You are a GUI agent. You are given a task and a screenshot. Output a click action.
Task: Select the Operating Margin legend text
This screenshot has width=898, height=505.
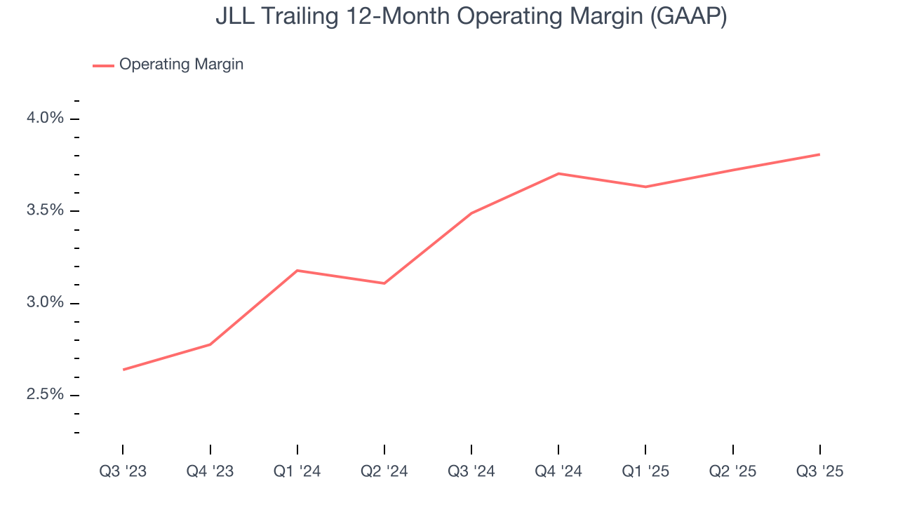(181, 65)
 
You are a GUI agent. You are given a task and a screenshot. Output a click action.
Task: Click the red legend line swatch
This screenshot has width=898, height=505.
(103, 65)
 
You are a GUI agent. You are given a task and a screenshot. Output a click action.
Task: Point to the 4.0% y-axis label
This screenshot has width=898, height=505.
(45, 118)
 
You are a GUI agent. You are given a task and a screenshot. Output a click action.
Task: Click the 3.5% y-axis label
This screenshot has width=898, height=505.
(45, 210)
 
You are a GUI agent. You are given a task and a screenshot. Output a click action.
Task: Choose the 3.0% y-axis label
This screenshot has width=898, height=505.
(45, 302)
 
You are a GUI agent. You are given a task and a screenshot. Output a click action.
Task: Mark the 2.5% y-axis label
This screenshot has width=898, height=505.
(45, 394)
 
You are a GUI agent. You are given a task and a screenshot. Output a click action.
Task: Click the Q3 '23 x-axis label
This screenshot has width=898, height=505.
(123, 471)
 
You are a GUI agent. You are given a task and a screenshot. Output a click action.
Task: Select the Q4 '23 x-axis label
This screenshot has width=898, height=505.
(210, 471)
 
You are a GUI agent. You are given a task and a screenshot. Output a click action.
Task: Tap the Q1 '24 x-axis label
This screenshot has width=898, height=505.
(297, 471)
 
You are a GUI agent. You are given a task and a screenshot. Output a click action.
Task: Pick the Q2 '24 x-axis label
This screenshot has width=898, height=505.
(384, 471)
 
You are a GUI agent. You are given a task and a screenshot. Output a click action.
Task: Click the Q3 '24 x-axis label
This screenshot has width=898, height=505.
(471, 471)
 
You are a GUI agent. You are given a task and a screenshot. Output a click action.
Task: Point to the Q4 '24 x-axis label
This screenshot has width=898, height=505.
(558, 471)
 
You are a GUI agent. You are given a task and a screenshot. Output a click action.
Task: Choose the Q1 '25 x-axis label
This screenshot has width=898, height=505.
(645, 471)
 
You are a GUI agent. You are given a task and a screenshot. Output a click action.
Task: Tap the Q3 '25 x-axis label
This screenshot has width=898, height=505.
(819, 471)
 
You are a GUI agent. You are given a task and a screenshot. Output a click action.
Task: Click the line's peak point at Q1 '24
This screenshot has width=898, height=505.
(297, 270)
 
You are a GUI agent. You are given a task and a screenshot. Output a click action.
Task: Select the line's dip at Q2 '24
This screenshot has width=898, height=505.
(384, 283)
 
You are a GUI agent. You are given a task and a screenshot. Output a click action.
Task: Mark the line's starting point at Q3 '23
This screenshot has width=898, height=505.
(123, 370)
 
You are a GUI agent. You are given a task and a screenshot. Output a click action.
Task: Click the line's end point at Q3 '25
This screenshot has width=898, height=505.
(819, 154)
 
